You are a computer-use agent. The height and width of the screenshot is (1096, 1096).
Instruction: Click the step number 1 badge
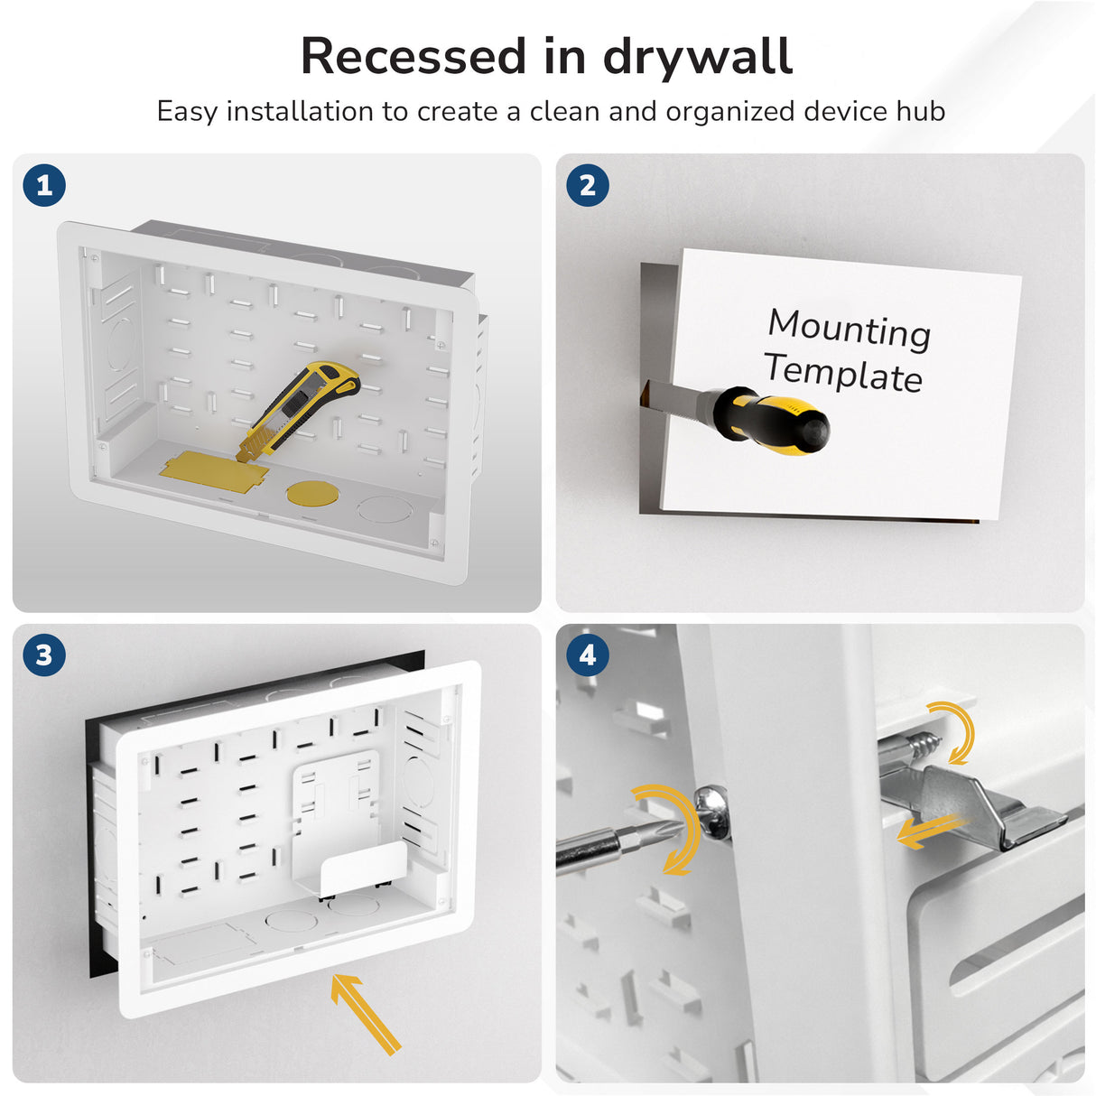[44, 186]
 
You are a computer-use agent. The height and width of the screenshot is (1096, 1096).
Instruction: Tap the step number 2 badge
[588, 186]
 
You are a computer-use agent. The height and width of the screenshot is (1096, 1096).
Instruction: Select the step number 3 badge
[44, 655]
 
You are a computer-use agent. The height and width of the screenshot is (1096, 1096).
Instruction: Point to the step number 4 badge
[588, 655]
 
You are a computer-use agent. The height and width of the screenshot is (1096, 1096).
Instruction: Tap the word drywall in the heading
[698, 58]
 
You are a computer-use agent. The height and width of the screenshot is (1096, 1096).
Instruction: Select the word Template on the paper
[843, 372]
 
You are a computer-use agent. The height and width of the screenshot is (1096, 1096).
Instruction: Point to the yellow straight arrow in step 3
[365, 1013]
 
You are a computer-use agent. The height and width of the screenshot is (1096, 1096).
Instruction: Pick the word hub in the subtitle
[921, 111]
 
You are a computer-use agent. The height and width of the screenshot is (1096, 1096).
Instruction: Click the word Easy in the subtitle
[188, 112]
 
